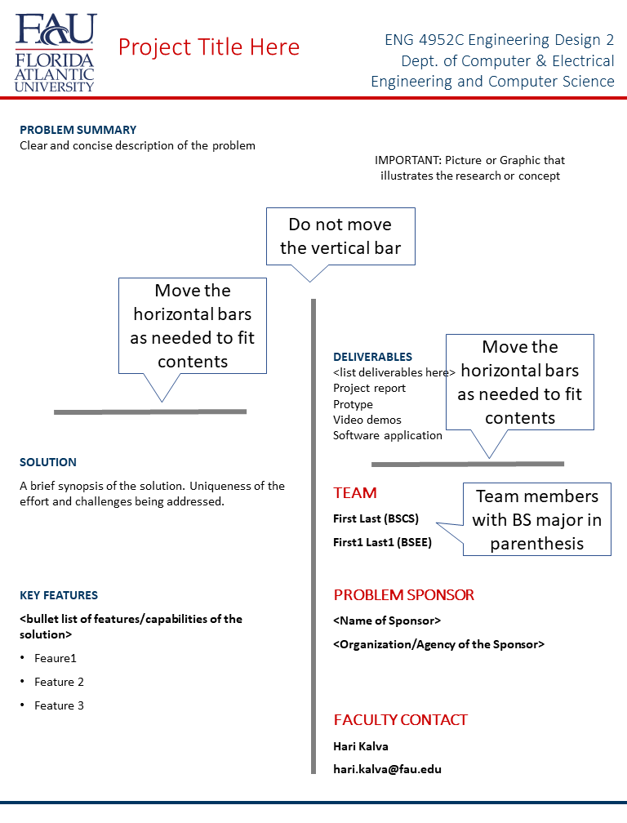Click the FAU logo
pyautogui.click(x=56, y=51)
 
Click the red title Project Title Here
pyautogui.click(x=209, y=47)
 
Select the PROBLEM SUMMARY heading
pyautogui.click(x=78, y=130)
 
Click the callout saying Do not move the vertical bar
pyautogui.click(x=340, y=236)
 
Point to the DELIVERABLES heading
pyautogui.click(x=372, y=357)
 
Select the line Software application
pyautogui.click(x=387, y=435)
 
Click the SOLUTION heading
pyautogui.click(x=48, y=462)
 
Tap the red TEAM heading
pyautogui.click(x=355, y=493)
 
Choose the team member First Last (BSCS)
pyautogui.click(x=376, y=518)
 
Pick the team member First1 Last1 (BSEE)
pyautogui.click(x=382, y=542)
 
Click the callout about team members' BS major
pyautogui.click(x=536, y=520)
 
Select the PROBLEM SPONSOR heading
pyautogui.click(x=403, y=595)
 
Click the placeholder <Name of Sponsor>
pyautogui.click(x=387, y=621)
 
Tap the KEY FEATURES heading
pyautogui.click(x=59, y=595)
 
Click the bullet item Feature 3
pyautogui.click(x=59, y=705)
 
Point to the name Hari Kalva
pyautogui.click(x=361, y=745)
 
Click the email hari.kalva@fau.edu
pyautogui.click(x=387, y=769)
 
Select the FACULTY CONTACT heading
pyautogui.click(x=400, y=720)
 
